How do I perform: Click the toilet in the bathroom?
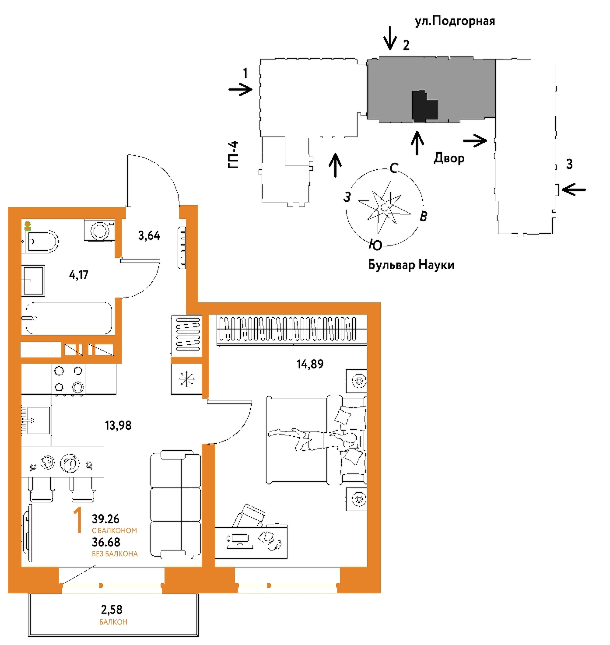(40, 241)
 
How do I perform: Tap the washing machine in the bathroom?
(99, 230)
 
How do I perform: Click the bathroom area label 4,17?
(79, 275)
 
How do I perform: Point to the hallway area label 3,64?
(149, 235)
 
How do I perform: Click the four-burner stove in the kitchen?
(68, 379)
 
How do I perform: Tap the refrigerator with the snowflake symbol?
(186, 379)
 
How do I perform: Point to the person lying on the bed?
(314, 439)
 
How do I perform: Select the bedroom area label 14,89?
(310, 364)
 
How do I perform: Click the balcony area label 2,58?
(112, 609)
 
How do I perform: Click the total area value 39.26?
(105, 519)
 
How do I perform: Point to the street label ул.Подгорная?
(455, 21)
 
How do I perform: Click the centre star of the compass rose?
(384, 207)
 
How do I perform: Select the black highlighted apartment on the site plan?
(424, 106)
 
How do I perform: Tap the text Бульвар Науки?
(411, 265)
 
